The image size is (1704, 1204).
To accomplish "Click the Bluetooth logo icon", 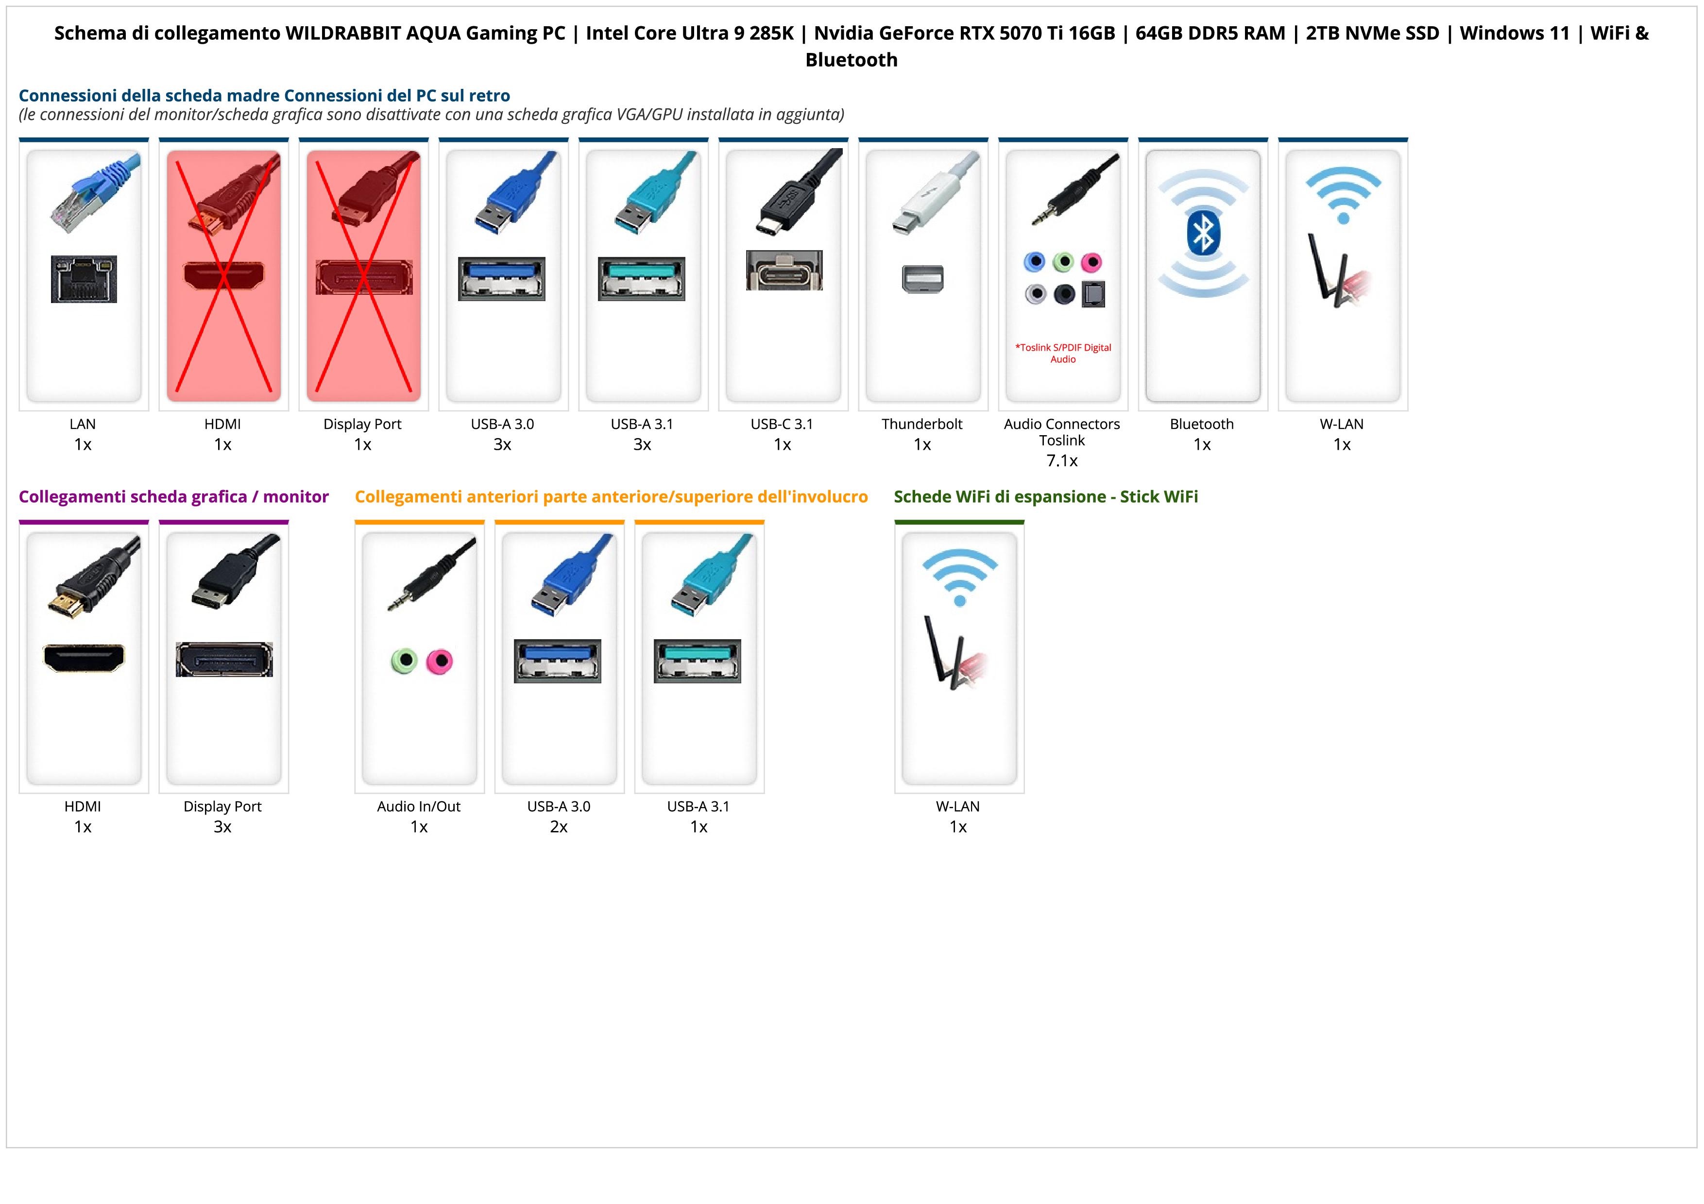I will pyautogui.click(x=1202, y=234).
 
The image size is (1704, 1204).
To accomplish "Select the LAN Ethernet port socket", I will pyautogui.click(x=84, y=279).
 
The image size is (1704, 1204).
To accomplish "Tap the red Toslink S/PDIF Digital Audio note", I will pyautogui.click(x=1063, y=353).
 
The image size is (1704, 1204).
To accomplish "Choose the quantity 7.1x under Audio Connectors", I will pyautogui.click(x=1062, y=461).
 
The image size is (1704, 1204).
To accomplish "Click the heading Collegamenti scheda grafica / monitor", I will pyautogui.click(x=174, y=497).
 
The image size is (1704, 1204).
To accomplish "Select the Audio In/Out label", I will pyautogui.click(x=419, y=806).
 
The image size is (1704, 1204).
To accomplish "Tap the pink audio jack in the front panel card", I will pyautogui.click(x=440, y=660).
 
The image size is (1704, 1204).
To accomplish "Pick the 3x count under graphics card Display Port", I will pyautogui.click(x=222, y=827).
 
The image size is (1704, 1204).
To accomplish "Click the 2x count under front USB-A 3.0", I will pyautogui.click(x=559, y=827).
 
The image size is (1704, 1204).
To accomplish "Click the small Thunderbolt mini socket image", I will pyautogui.click(x=922, y=279).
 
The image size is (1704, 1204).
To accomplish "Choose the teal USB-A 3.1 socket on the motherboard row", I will pyautogui.click(x=642, y=278).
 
